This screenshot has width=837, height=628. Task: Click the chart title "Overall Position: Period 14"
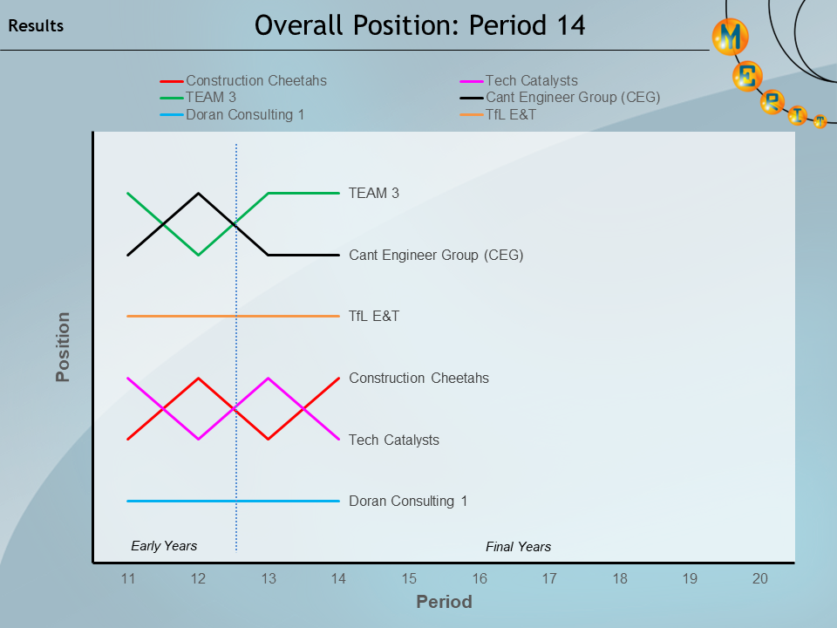click(x=419, y=26)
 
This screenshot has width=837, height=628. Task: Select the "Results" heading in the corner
click(x=36, y=26)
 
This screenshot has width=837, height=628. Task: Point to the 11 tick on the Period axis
click(x=128, y=578)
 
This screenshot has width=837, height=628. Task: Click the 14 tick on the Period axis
click(x=338, y=578)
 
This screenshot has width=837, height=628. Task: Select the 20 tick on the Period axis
click(x=759, y=578)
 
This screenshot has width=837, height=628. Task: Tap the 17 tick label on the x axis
click(x=549, y=578)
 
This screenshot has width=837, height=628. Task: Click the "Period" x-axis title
click(x=444, y=602)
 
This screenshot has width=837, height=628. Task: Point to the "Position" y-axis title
click(x=63, y=347)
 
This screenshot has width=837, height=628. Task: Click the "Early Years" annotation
click(x=164, y=546)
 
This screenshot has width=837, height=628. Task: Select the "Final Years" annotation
click(x=518, y=547)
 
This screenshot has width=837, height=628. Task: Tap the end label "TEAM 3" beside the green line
click(x=374, y=193)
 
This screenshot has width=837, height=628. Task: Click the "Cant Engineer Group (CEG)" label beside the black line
click(x=436, y=256)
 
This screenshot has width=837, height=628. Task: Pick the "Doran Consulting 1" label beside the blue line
click(x=408, y=502)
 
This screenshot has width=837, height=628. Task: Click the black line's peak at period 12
click(x=199, y=194)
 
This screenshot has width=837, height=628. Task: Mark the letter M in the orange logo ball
click(x=731, y=37)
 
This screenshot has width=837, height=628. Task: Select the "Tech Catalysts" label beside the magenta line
click(x=394, y=440)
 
